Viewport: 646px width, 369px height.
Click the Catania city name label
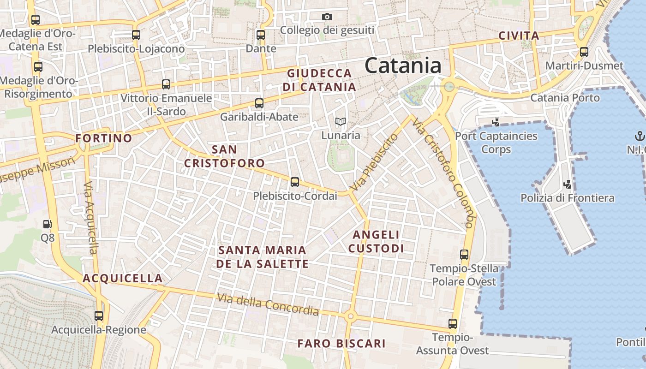pyautogui.click(x=403, y=65)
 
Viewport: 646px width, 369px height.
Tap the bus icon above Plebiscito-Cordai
pyautogui.click(x=295, y=182)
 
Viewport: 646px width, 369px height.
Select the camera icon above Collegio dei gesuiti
pyautogui.click(x=327, y=17)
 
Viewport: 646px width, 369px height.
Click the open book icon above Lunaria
pyautogui.click(x=341, y=121)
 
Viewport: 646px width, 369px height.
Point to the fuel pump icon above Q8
pyautogui.click(x=47, y=225)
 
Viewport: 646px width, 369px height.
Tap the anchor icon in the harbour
pyautogui.click(x=640, y=136)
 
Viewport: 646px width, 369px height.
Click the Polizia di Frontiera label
pyautogui.click(x=567, y=198)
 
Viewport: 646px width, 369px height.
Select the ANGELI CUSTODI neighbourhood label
pyautogui.click(x=376, y=242)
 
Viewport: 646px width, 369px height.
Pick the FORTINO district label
pyautogui.click(x=103, y=138)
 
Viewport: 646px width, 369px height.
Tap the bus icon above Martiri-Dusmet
pyautogui.click(x=584, y=52)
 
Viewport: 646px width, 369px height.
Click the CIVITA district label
pyautogui.click(x=519, y=36)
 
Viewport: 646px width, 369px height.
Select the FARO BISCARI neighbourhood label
pyautogui.click(x=341, y=344)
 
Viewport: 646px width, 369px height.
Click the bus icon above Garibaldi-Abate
pyautogui.click(x=259, y=103)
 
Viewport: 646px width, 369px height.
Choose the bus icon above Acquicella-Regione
pyautogui.click(x=99, y=316)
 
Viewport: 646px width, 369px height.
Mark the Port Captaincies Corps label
pyautogui.click(x=496, y=143)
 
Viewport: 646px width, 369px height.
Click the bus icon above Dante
pyautogui.click(x=261, y=35)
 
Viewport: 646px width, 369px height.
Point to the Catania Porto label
pyautogui.click(x=565, y=98)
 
